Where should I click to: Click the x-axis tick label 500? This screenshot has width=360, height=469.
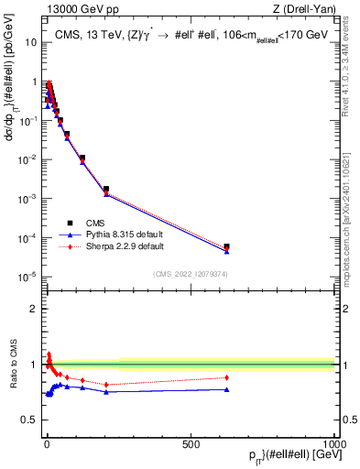(x=191, y=443)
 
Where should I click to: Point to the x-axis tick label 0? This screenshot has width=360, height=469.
(x=46, y=443)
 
